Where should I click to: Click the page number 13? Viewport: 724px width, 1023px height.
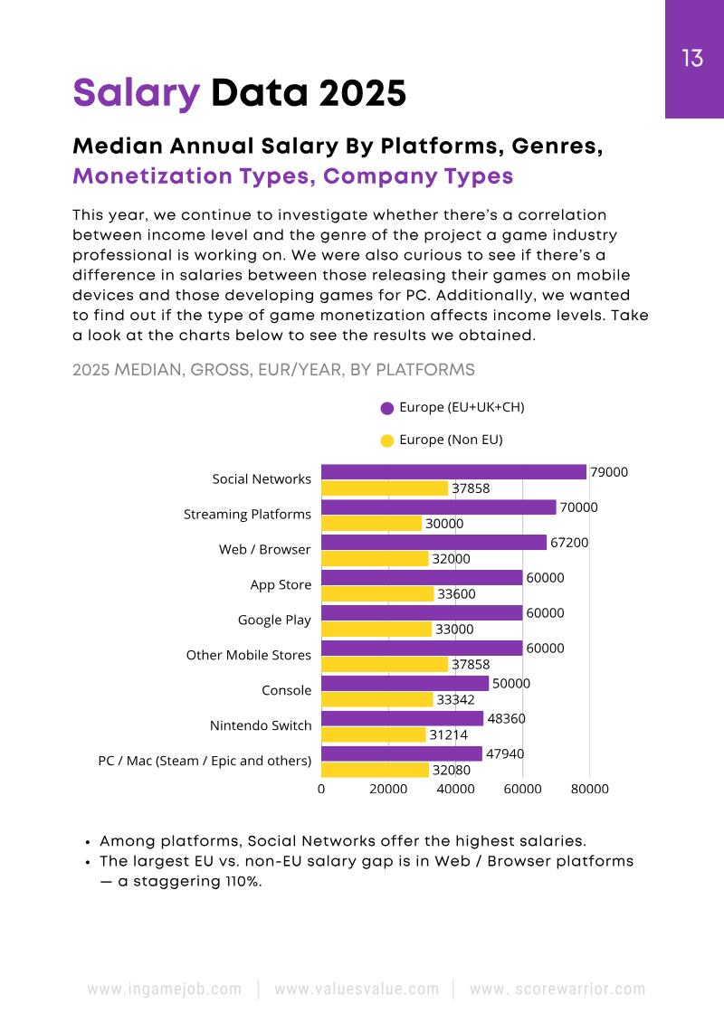point(692,60)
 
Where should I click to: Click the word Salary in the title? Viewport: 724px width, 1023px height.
point(136,92)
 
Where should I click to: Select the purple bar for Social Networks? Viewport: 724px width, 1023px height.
point(453,472)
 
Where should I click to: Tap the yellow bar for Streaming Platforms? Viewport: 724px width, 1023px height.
point(372,524)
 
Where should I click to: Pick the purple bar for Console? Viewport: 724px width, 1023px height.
point(405,684)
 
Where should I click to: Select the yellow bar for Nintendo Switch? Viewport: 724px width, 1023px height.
point(374,735)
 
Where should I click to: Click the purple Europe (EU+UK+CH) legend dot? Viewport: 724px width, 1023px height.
point(387,408)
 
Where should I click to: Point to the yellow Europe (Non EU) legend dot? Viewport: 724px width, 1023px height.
point(387,440)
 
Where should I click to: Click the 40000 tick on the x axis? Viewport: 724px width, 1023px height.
point(456,789)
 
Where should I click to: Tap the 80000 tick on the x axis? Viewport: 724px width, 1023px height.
point(589,789)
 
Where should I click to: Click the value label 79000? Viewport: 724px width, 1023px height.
point(609,472)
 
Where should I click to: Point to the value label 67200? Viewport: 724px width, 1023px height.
point(569,543)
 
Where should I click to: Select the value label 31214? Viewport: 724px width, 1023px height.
point(448,735)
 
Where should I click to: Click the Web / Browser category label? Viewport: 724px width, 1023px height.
point(264,550)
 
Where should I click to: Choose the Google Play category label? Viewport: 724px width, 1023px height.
point(274,620)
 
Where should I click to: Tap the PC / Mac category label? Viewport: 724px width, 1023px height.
point(205,761)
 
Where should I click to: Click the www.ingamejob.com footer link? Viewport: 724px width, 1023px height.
point(165,990)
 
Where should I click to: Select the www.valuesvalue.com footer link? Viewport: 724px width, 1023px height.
point(357,990)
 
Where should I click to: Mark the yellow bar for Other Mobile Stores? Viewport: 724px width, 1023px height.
point(385,665)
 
